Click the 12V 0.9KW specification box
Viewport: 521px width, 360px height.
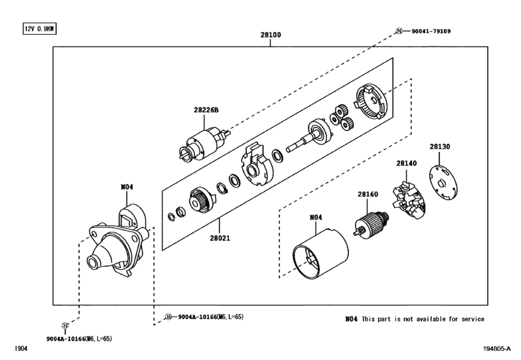point(40,29)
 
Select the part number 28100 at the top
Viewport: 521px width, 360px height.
point(270,35)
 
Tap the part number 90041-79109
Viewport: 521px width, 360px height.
point(431,32)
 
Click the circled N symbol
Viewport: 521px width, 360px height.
point(399,32)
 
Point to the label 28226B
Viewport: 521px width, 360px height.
point(206,110)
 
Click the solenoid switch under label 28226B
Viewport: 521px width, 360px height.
point(204,145)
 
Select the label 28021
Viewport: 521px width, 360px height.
point(220,238)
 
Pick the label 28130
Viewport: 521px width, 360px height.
point(439,147)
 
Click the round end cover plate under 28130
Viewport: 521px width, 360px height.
point(443,183)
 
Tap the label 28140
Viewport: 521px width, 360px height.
point(407,163)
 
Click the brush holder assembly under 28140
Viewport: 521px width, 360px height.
point(409,201)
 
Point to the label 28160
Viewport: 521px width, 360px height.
point(368,194)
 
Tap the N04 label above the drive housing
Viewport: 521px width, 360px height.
point(127,187)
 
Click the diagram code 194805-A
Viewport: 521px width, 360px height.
point(497,348)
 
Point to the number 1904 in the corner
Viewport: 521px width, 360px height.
point(21,348)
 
